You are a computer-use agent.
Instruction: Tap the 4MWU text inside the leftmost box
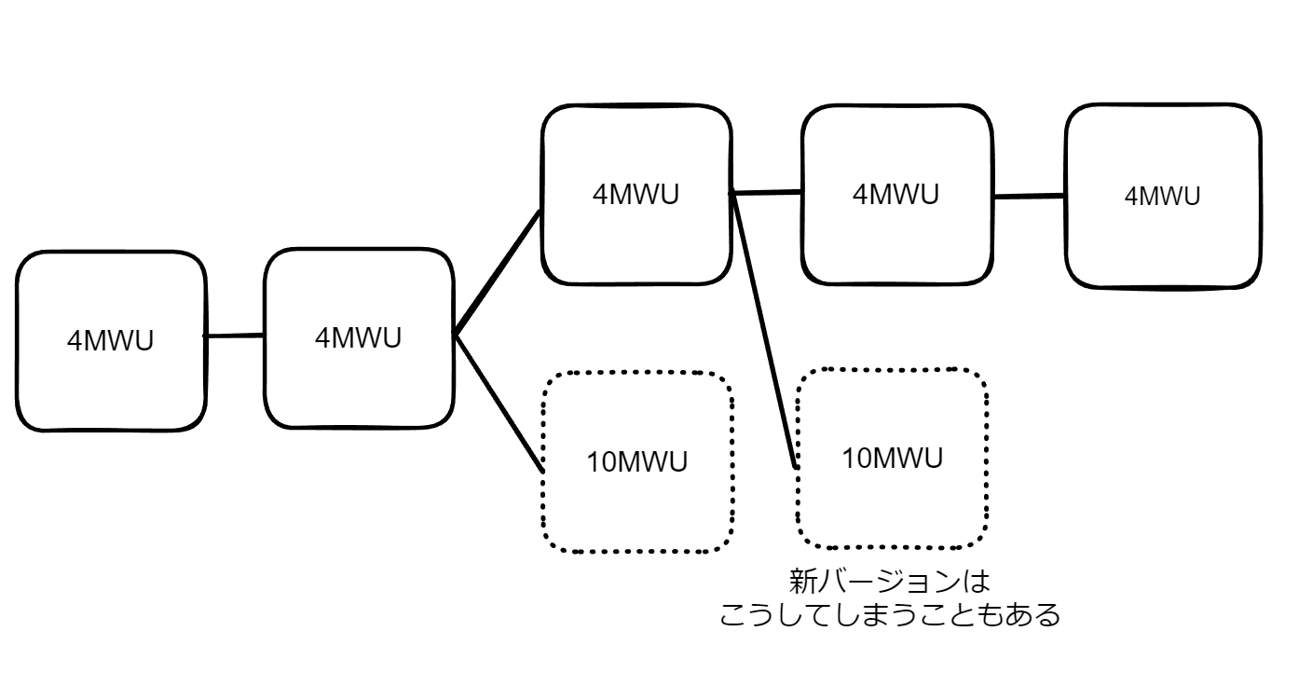[110, 341]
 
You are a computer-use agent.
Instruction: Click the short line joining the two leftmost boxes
[235, 336]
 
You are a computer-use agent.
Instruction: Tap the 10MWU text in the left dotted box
[637, 461]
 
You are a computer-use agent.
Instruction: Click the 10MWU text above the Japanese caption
[893, 459]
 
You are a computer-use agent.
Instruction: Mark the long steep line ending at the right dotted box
[764, 331]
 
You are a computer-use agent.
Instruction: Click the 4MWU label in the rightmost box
[1163, 197]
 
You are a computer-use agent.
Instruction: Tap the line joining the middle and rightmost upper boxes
[1029, 197]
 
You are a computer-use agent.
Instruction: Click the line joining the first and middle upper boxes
[767, 193]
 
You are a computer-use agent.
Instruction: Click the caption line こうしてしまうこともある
[890, 616]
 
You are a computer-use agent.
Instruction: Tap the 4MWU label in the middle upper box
[896, 195]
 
